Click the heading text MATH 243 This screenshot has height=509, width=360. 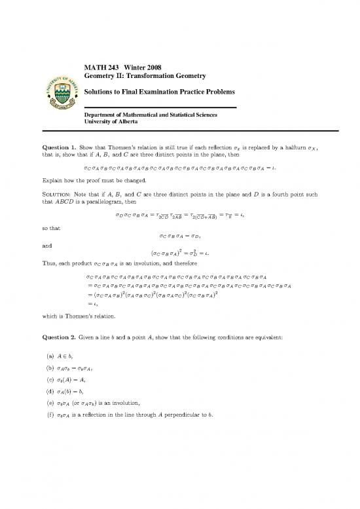(x=98, y=67)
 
